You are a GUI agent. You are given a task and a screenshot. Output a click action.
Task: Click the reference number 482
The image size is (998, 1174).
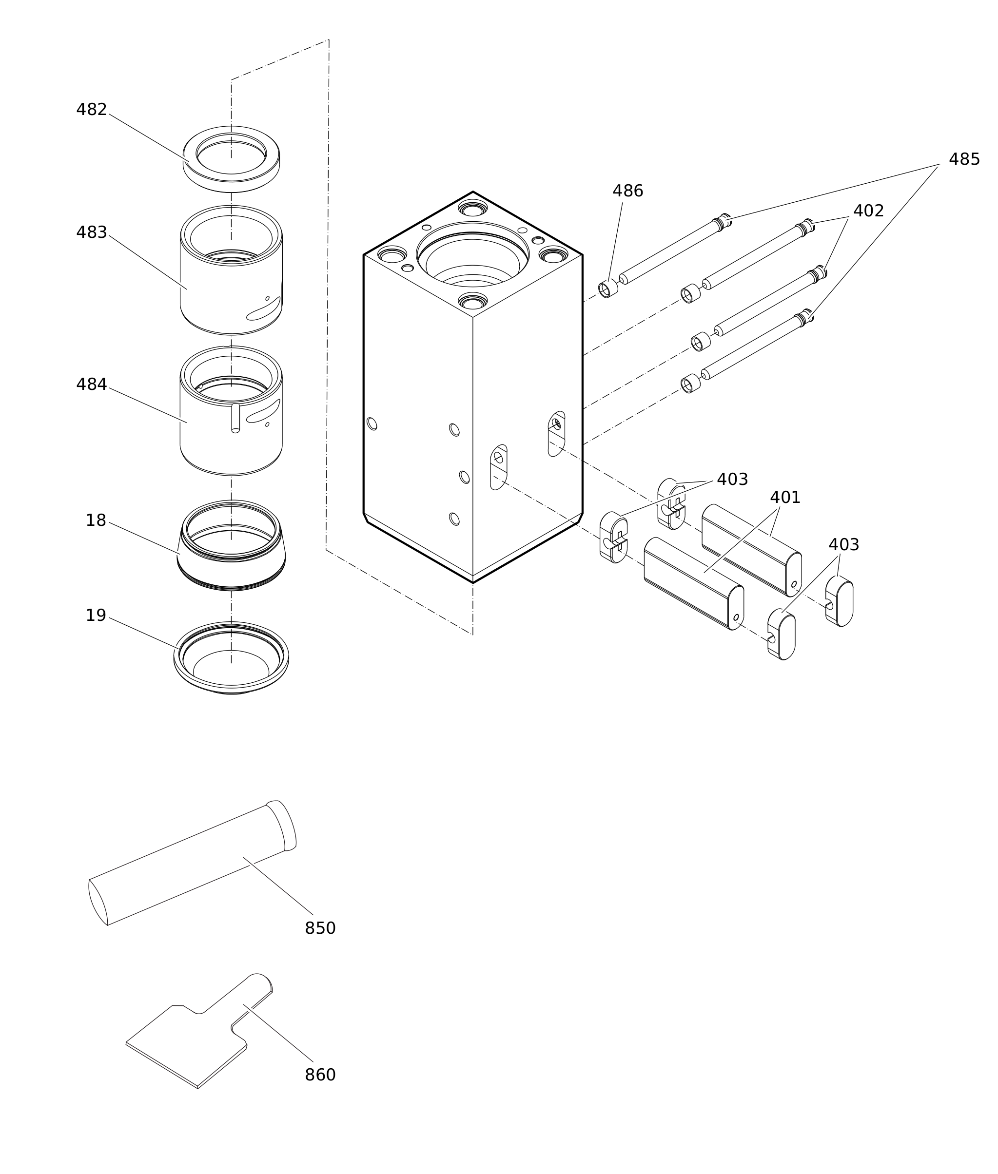click(91, 110)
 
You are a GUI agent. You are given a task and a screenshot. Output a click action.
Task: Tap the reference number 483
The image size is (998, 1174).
click(91, 232)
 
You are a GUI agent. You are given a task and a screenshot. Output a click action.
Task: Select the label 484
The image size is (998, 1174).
click(91, 385)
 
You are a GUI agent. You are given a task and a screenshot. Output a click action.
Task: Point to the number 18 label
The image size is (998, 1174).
click(96, 520)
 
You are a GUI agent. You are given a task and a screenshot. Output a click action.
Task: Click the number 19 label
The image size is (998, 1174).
click(96, 616)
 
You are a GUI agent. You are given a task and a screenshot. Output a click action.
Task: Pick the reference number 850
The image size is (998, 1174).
click(320, 928)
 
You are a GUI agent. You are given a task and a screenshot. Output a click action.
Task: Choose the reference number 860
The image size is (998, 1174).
click(320, 1075)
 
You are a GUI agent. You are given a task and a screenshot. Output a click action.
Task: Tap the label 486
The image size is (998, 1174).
click(627, 191)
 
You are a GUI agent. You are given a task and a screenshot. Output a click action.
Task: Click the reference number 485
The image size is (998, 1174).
click(964, 159)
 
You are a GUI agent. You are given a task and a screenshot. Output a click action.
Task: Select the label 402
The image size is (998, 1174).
click(868, 211)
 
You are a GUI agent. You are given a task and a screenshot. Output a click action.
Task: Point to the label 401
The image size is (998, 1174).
click(785, 498)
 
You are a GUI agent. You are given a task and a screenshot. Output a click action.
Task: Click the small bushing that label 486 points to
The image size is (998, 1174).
click(607, 289)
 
